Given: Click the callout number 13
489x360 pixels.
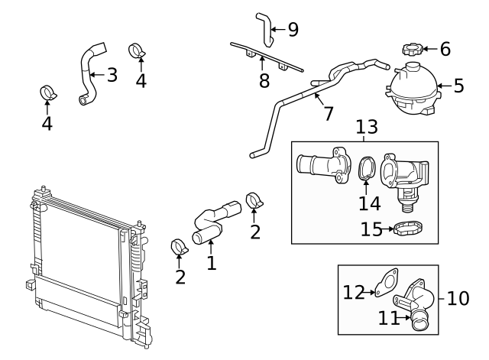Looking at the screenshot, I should [366, 127].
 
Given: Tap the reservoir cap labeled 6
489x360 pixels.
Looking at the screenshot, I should [413, 50].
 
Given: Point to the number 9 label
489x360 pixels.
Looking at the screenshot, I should [293, 30].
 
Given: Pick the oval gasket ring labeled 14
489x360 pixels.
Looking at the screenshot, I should [365, 169].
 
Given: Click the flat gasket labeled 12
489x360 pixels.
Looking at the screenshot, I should [388, 281].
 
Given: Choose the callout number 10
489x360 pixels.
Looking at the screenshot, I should [458, 297].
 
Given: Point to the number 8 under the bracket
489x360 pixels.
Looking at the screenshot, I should [264, 80].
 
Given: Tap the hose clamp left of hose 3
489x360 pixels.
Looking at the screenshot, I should [48, 95].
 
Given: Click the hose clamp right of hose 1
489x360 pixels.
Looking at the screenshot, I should [254, 203].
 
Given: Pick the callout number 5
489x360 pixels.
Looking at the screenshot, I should [458, 85].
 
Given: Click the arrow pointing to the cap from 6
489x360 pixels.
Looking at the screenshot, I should [428, 50].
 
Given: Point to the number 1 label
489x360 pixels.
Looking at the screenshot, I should [212, 264].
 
